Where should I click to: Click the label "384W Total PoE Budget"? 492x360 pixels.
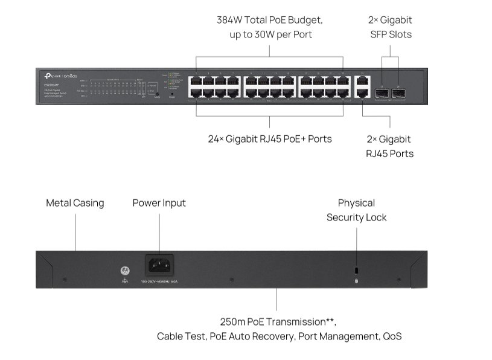269,20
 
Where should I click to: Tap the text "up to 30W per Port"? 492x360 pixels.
270,34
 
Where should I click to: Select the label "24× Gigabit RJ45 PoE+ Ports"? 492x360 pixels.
269,139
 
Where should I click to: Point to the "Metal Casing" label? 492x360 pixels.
75,203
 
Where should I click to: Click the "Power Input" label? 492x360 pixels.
159,203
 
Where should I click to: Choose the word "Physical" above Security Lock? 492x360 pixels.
356,203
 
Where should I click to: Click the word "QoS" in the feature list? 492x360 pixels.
391,336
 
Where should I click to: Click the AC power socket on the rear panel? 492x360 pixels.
159,265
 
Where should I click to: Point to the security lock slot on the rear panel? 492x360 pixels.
356,269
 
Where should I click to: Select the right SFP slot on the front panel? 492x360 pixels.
397,93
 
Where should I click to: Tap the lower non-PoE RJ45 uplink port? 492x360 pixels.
362,93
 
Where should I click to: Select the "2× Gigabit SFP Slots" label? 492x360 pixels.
391,27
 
